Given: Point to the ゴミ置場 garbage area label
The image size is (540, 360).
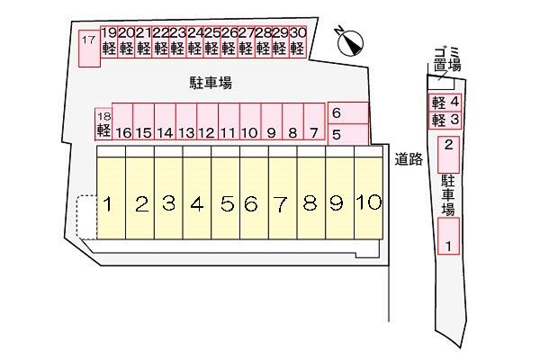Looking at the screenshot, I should pos(446,59).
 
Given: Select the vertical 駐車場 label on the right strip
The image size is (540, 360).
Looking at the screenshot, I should pos(448,195).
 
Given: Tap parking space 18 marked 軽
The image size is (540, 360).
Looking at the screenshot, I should pos(103,123).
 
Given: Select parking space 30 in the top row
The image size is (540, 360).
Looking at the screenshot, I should pos(299,41).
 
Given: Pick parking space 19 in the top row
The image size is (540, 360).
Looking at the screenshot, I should pos(109,41).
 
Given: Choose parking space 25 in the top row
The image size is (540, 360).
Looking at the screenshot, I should pos(212,41).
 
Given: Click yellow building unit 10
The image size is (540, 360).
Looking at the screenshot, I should pos(368,202).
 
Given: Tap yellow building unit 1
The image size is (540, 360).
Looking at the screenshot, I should pos(107,202).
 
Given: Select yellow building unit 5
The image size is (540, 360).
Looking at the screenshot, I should pos(226,202).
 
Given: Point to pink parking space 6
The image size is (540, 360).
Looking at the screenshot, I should pos(347,113).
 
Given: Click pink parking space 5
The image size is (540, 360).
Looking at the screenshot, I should pos(347,134).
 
